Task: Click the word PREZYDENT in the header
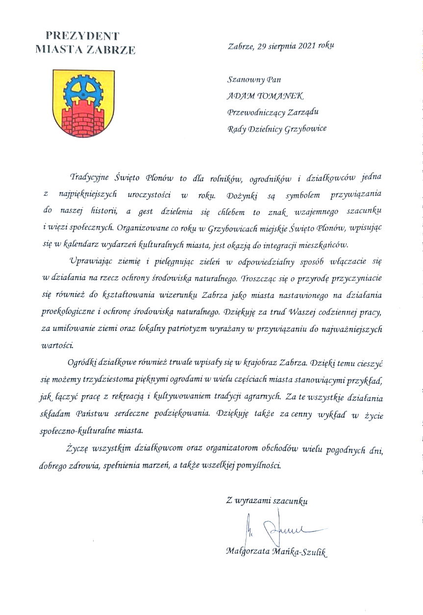pos(82,35)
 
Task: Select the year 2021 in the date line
pos(307,46)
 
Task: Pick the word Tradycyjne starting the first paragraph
pos(91,176)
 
